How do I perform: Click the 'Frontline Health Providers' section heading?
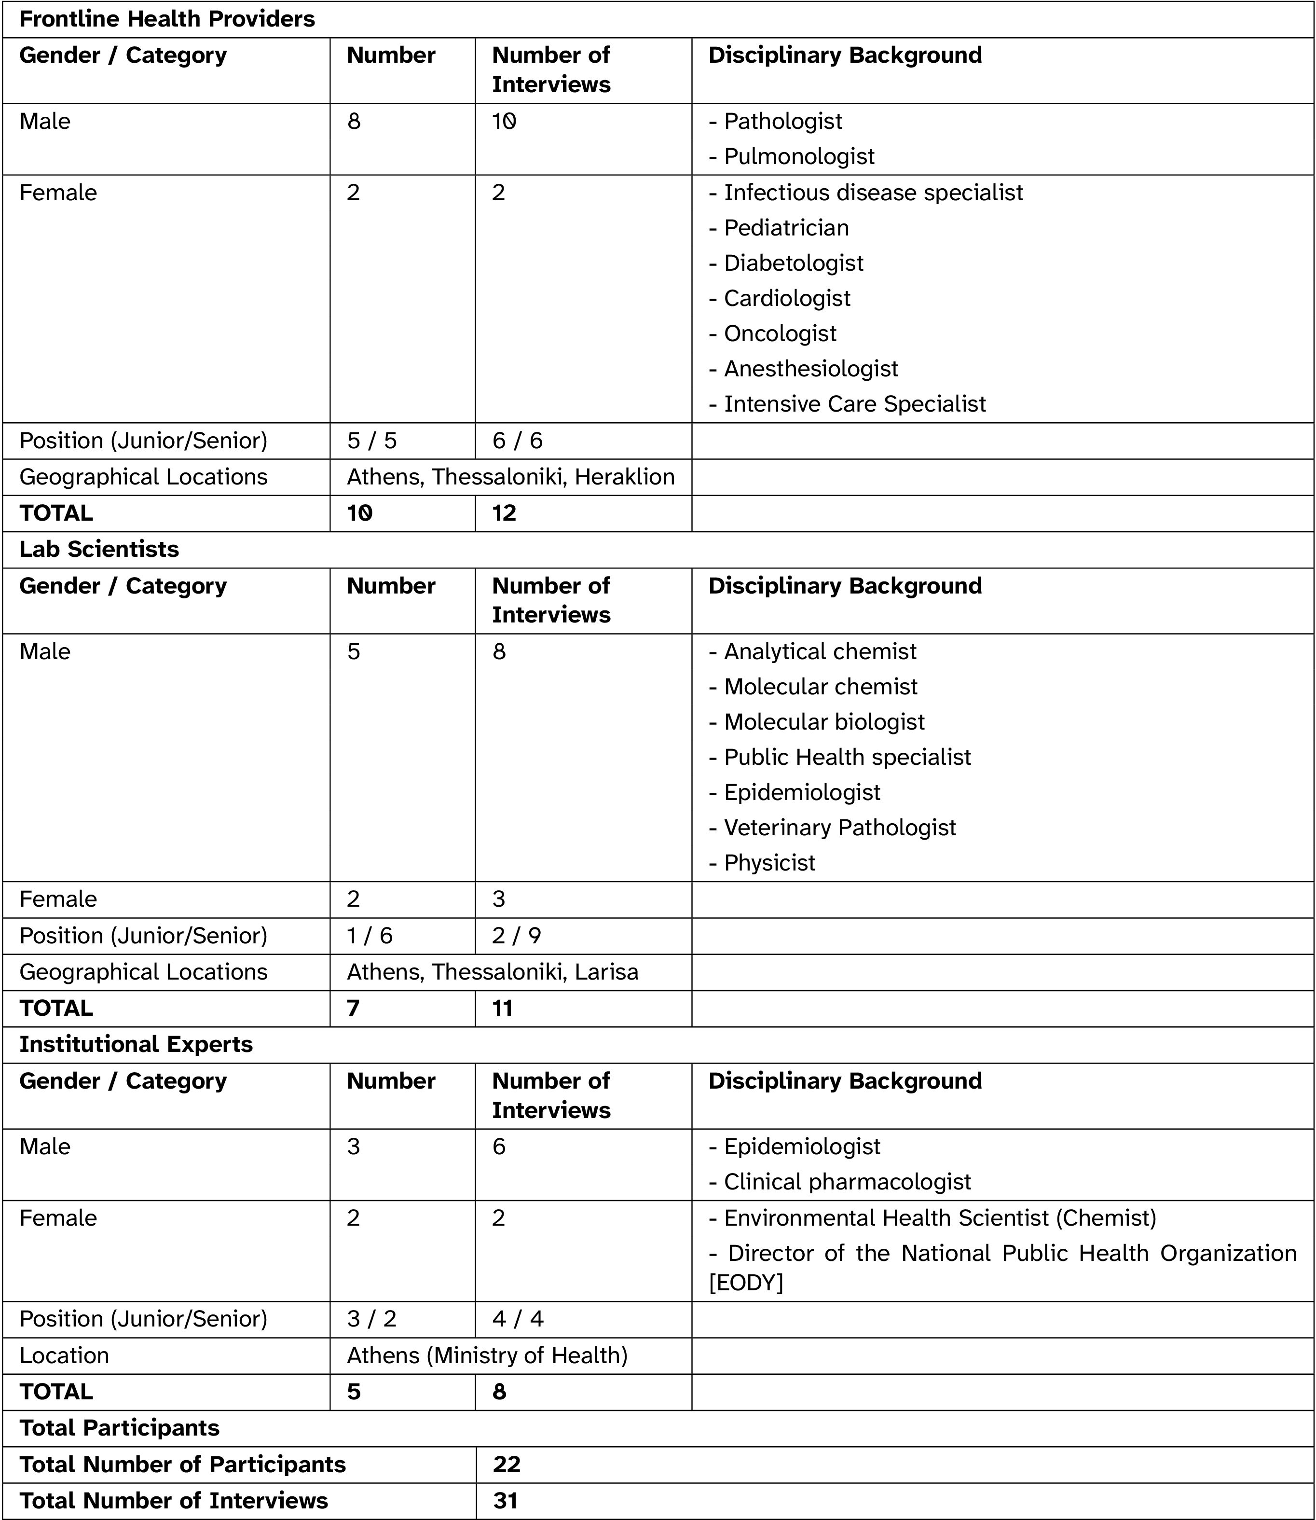(167, 19)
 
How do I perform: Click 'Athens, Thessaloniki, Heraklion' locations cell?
(510, 477)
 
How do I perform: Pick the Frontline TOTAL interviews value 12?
(505, 513)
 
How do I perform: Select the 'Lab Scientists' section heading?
(99, 550)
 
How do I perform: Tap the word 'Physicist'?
(769, 863)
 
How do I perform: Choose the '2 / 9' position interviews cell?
(517, 936)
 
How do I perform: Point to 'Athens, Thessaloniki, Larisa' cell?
(492, 972)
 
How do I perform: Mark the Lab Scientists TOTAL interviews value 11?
(502, 1008)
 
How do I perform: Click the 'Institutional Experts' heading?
(136, 1045)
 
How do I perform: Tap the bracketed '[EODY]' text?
(746, 1283)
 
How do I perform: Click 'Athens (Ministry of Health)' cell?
(487, 1355)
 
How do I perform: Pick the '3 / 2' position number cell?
(371, 1319)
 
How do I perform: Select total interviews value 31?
(505, 1500)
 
